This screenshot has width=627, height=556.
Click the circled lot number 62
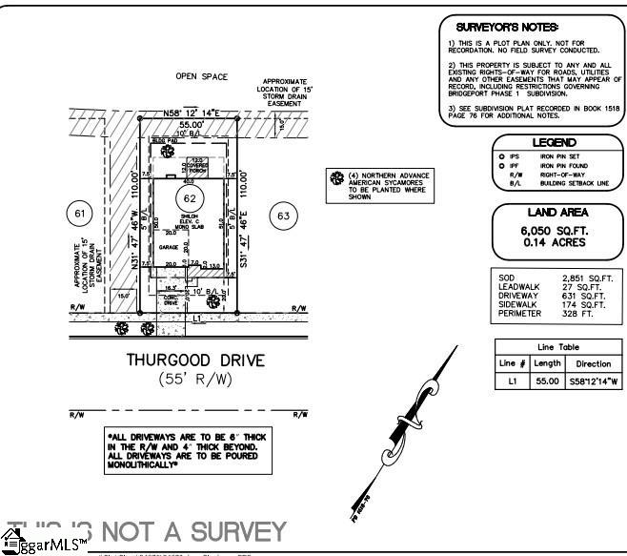click(x=190, y=198)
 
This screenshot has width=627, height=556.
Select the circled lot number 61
click(x=78, y=213)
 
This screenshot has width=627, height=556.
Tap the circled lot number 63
click(x=282, y=216)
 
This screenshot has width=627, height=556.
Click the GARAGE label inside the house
click(x=170, y=246)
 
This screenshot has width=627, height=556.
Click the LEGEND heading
click(x=554, y=142)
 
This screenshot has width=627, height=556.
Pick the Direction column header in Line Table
click(x=594, y=364)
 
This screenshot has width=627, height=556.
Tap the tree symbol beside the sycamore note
click(x=335, y=178)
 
